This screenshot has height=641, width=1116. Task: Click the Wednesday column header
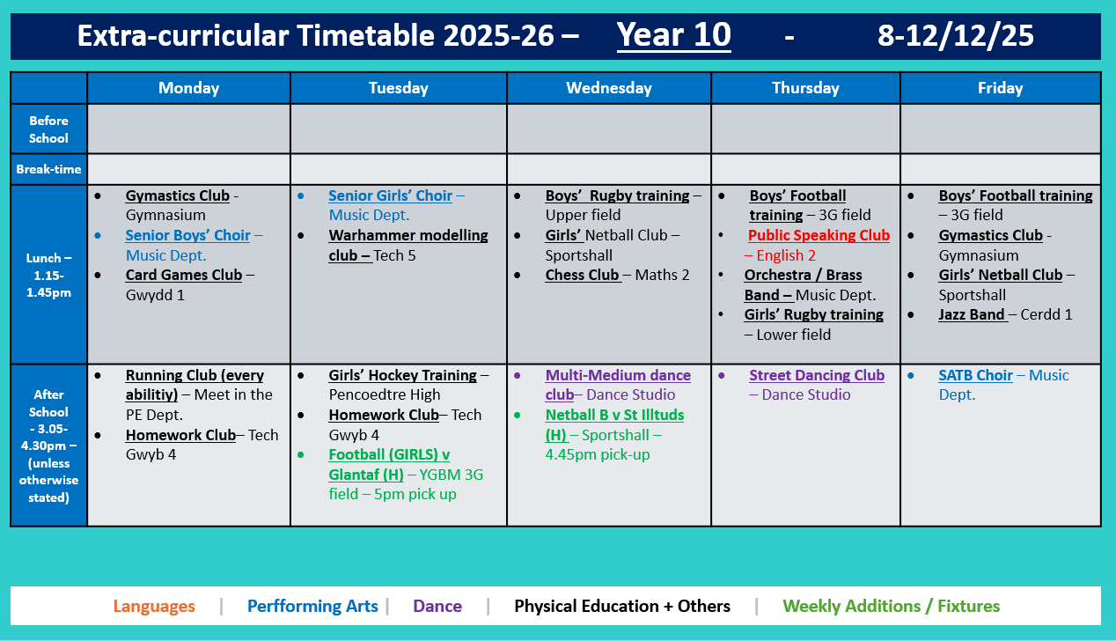[x=609, y=88]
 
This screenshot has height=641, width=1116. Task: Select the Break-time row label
[x=48, y=169]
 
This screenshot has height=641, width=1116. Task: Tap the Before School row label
[x=48, y=129]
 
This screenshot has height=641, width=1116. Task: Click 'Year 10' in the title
[x=673, y=35]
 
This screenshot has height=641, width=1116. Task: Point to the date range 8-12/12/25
[x=955, y=35]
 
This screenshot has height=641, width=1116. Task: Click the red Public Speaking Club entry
[x=819, y=236]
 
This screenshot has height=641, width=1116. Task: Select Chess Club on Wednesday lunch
[x=582, y=275]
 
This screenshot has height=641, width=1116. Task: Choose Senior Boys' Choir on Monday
[x=187, y=235]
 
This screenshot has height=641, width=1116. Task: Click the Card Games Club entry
[x=183, y=275]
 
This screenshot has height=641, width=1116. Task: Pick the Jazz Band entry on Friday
[x=972, y=314]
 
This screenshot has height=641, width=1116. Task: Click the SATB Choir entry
[x=975, y=375]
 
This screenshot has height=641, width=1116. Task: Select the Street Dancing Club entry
[x=816, y=375]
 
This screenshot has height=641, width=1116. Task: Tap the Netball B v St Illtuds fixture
[x=613, y=415]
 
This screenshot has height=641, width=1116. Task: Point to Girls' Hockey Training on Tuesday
[x=402, y=375]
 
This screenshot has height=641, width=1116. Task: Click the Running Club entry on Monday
[x=194, y=375]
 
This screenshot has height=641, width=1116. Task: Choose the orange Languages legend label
[x=154, y=606]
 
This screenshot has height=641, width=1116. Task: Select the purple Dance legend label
[x=437, y=606]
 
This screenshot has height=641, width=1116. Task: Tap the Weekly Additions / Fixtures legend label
[x=891, y=606]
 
